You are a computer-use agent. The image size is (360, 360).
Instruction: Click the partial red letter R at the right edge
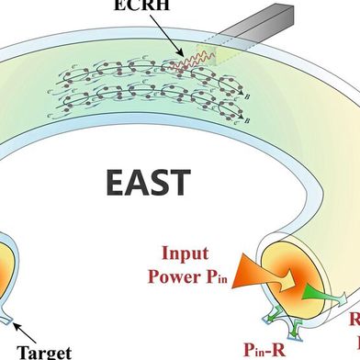tap(354, 321)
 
